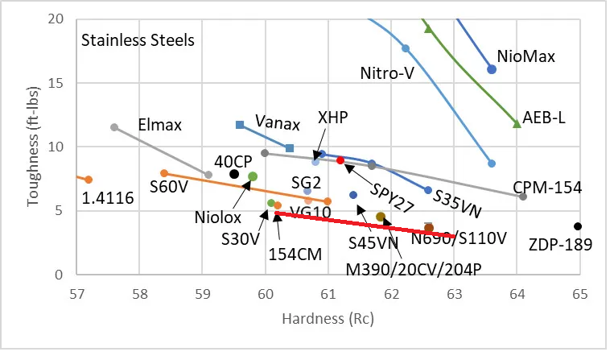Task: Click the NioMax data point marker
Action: tap(492, 69)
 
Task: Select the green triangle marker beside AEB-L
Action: tap(517, 123)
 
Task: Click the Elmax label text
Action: tap(161, 125)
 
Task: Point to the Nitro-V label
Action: tap(386, 74)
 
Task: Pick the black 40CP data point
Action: tap(234, 174)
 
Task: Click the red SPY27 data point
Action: tap(340, 160)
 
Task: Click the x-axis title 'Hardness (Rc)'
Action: tap(326, 319)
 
